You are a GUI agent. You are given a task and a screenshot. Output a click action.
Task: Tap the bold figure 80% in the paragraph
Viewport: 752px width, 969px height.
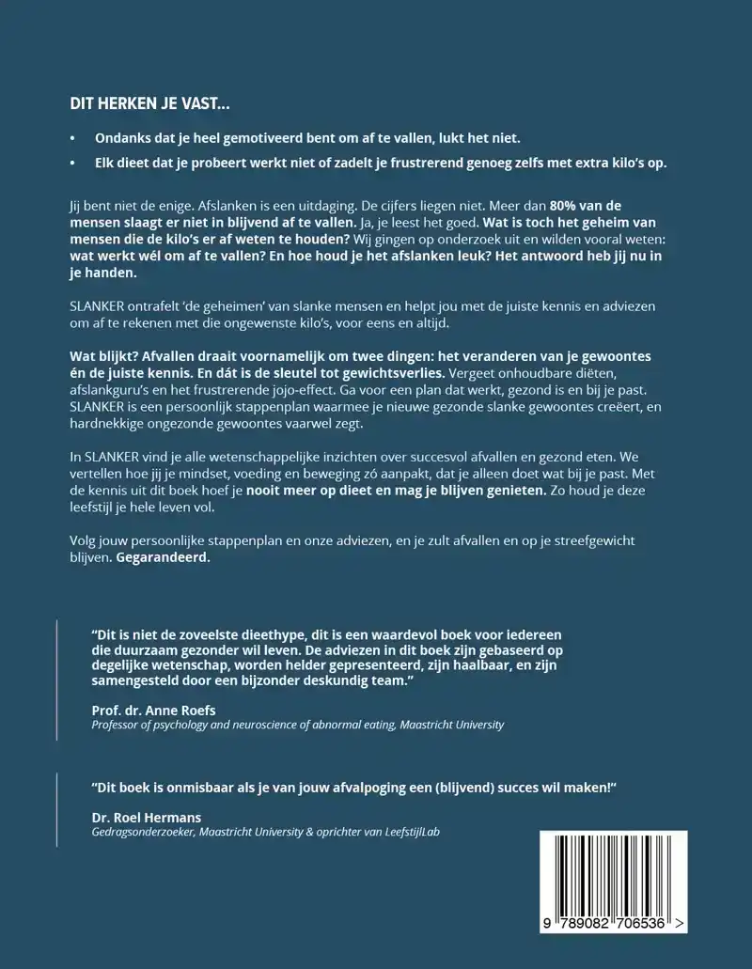click(x=569, y=206)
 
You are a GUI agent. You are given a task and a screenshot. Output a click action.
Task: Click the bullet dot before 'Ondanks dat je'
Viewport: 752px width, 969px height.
click(x=73, y=137)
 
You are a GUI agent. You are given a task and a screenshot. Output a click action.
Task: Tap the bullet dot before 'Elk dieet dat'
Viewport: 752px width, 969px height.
click(x=73, y=163)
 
